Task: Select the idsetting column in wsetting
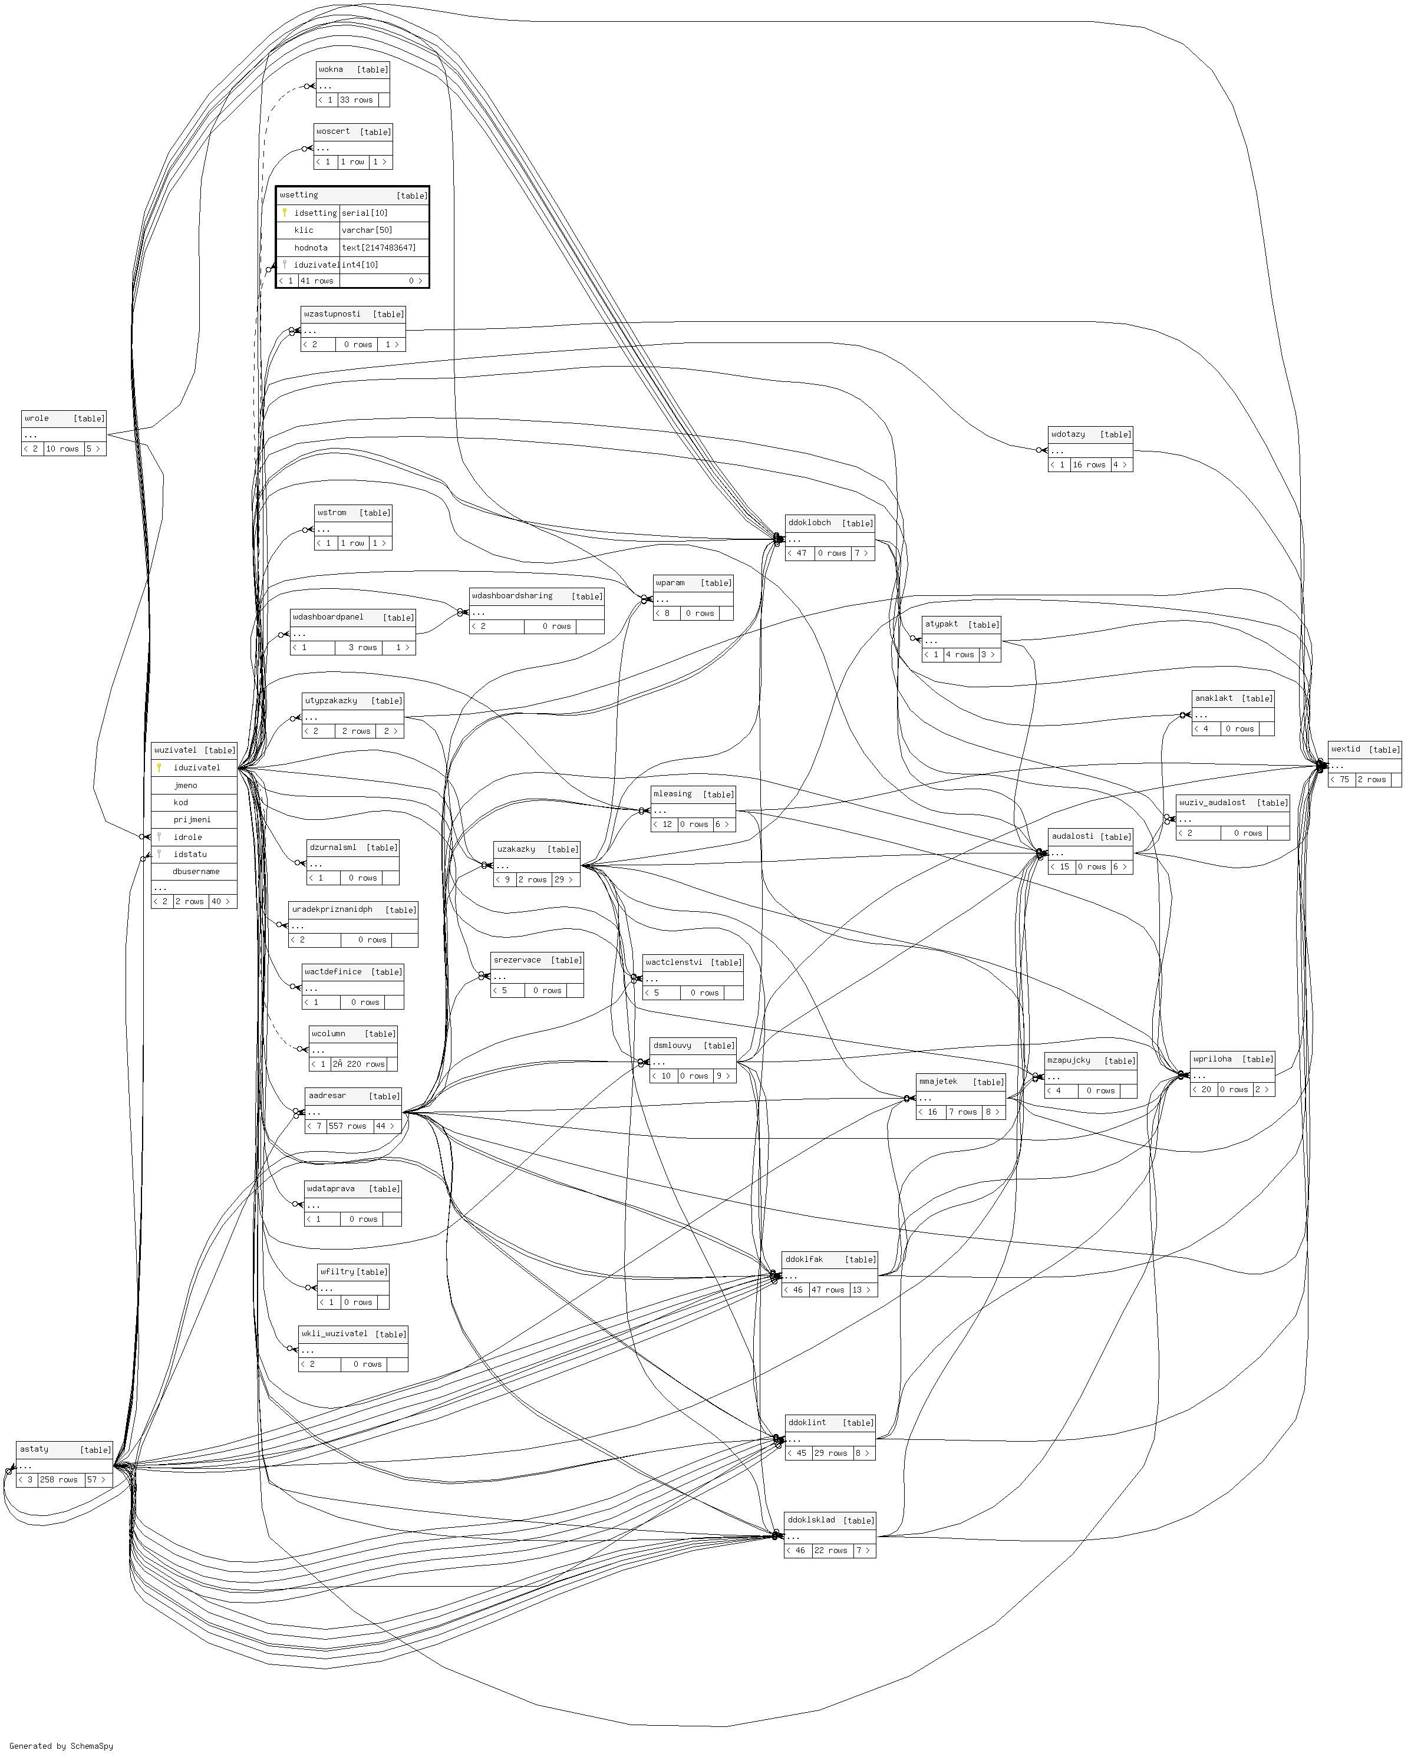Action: coord(315,213)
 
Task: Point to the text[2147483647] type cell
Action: coord(378,248)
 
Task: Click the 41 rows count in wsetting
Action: coord(317,281)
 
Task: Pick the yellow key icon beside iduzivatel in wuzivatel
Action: coord(160,767)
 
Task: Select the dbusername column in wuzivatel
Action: coord(196,871)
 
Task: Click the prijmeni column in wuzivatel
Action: coord(192,820)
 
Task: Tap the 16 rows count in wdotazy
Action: coord(1089,465)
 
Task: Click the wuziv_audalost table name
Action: coord(1212,803)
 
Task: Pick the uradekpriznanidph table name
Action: coord(332,909)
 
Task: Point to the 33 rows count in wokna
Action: coord(356,100)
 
